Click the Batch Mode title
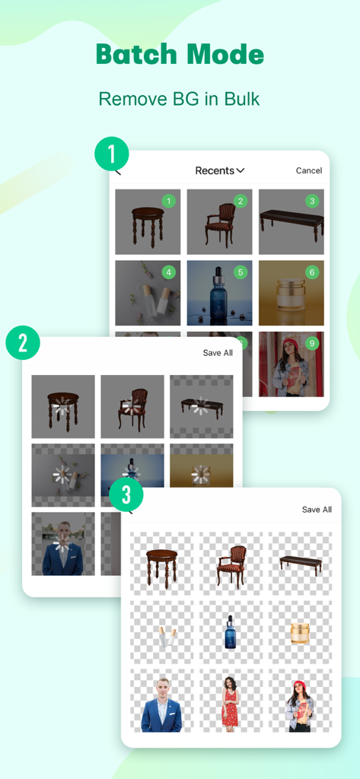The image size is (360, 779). click(180, 55)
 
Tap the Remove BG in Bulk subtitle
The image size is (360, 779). click(180, 99)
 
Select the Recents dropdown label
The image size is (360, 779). click(219, 170)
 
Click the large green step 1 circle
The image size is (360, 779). click(112, 154)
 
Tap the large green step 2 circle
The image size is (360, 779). click(23, 343)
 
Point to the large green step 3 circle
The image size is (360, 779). click(126, 495)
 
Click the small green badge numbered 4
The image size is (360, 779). click(169, 272)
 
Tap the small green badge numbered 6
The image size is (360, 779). click(311, 272)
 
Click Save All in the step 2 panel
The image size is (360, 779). click(218, 353)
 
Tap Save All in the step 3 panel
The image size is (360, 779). click(317, 510)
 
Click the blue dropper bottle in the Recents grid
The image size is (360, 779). click(219, 293)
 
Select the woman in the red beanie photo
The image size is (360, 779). click(291, 365)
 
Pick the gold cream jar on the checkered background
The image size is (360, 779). click(300, 633)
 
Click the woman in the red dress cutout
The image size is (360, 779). click(230, 703)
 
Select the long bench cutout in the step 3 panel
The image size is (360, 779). click(300, 564)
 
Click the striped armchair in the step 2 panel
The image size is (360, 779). click(132, 407)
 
